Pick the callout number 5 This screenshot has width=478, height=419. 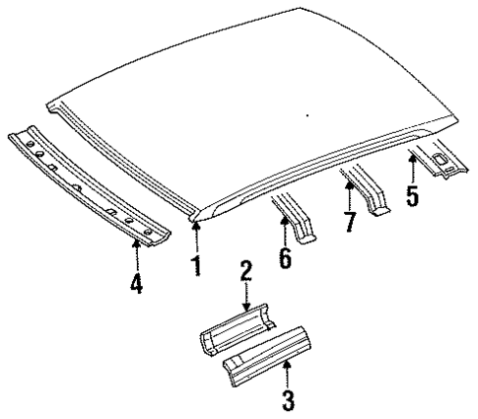click(413, 192)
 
